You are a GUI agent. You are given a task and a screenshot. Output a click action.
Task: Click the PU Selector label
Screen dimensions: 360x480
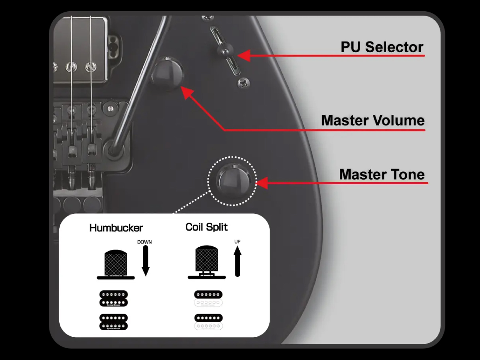(x=382, y=47)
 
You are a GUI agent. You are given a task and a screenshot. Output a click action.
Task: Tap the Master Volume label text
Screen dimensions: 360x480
(x=373, y=120)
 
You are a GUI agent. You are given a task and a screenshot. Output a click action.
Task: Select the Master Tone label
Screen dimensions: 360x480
(x=382, y=174)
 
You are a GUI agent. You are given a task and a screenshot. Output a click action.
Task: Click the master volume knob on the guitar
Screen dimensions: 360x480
(x=167, y=73)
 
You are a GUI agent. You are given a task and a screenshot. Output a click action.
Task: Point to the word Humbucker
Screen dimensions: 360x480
(x=116, y=228)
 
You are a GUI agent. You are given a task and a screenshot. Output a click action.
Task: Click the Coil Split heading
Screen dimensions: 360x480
(x=207, y=227)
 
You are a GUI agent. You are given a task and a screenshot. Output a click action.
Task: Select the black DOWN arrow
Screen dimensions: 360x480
(x=145, y=261)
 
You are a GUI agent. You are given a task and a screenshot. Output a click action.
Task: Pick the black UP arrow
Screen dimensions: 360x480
(x=237, y=261)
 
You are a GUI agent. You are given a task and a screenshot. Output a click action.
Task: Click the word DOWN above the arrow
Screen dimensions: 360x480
(x=144, y=242)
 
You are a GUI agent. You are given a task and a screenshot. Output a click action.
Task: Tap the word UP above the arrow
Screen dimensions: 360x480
(x=237, y=241)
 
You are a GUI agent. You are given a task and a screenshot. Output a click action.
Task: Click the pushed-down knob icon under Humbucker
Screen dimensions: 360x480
(x=115, y=264)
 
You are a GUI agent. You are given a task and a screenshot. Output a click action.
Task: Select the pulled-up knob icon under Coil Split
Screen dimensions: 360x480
(x=207, y=262)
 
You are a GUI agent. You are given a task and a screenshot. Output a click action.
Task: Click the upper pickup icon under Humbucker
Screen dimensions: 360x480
(x=114, y=298)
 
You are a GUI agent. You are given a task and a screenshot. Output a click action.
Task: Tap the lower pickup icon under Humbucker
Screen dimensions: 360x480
(x=114, y=322)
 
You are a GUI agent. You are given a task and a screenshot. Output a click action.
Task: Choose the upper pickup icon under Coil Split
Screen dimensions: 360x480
(x=208, y=298)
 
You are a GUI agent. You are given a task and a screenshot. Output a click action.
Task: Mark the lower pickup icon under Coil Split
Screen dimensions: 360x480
(x=208, y=322)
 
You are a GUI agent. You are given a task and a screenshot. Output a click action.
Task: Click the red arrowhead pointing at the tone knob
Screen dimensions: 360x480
(x=262, y=183)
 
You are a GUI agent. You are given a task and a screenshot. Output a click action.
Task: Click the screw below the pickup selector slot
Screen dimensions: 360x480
(x=244, y=83)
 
